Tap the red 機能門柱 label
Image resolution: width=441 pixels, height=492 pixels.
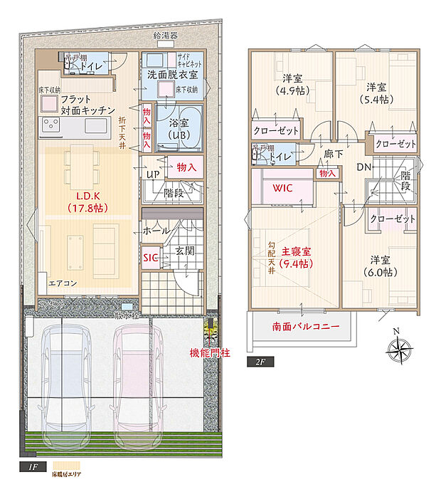[x=210, y=352]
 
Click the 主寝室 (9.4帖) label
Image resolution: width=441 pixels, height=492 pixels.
[x=294, y=257]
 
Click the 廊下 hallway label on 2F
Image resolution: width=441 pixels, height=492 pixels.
[x=334, y=153]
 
